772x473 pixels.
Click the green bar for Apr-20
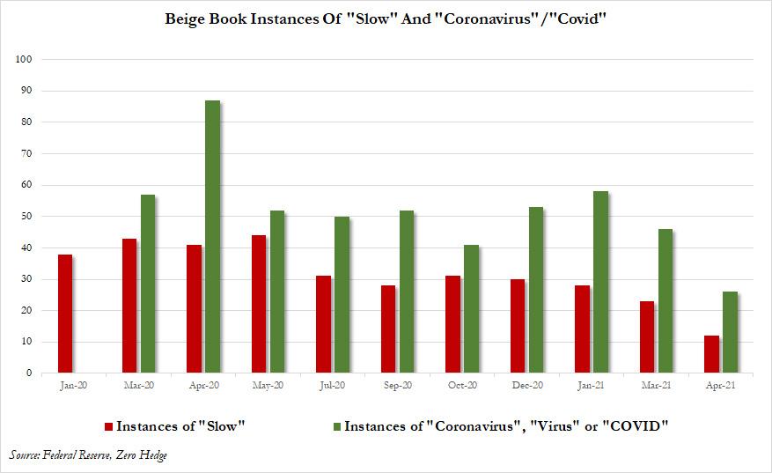click(212, 237)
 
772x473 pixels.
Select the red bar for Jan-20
click(65, 313)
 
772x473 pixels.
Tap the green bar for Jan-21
click(600, 282)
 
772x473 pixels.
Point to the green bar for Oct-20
click(471, 308)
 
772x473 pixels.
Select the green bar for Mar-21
click(665, 300)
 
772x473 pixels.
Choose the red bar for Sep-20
click(388, 329)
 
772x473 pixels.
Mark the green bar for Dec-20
click(536, 290)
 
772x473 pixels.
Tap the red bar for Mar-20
click(130, 305)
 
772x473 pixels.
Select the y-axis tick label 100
click(24, 59)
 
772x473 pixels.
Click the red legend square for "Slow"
click(109, 426)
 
